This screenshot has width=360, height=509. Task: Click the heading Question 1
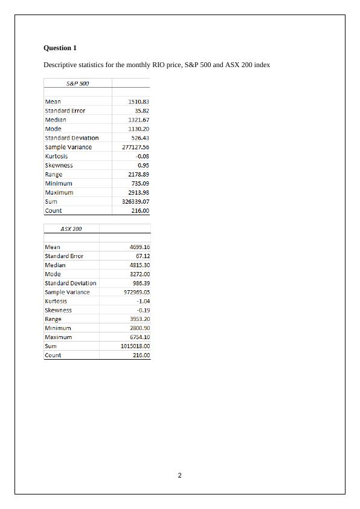click(60, 48)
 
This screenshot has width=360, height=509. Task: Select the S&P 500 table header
click(77, 83)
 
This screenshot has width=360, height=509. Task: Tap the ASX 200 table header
click(71, 229)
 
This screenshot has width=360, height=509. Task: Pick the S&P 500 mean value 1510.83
click(139, 102)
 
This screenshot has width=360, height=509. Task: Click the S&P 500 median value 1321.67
click(139, 120)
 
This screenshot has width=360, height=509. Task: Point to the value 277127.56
click(135, 147)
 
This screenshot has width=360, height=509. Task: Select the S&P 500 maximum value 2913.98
click(139, 192)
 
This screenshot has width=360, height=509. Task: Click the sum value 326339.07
click(135, 201)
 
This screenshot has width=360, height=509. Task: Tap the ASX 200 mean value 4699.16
click(140, 247)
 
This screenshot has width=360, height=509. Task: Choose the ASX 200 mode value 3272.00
click(140, 274)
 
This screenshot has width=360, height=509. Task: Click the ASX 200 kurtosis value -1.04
click(143, 301)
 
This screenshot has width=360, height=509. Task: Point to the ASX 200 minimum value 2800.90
click(140, 328)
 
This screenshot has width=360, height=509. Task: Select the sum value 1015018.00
click(135, 346)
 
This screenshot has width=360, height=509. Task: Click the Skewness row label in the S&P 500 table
click(59, 165)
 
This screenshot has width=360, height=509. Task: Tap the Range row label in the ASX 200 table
click(53, 319)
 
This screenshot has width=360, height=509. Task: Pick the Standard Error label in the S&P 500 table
click(65, 111)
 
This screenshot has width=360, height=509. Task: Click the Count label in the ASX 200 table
click(53, 355)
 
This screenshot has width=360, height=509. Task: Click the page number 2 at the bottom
click(180, 475)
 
